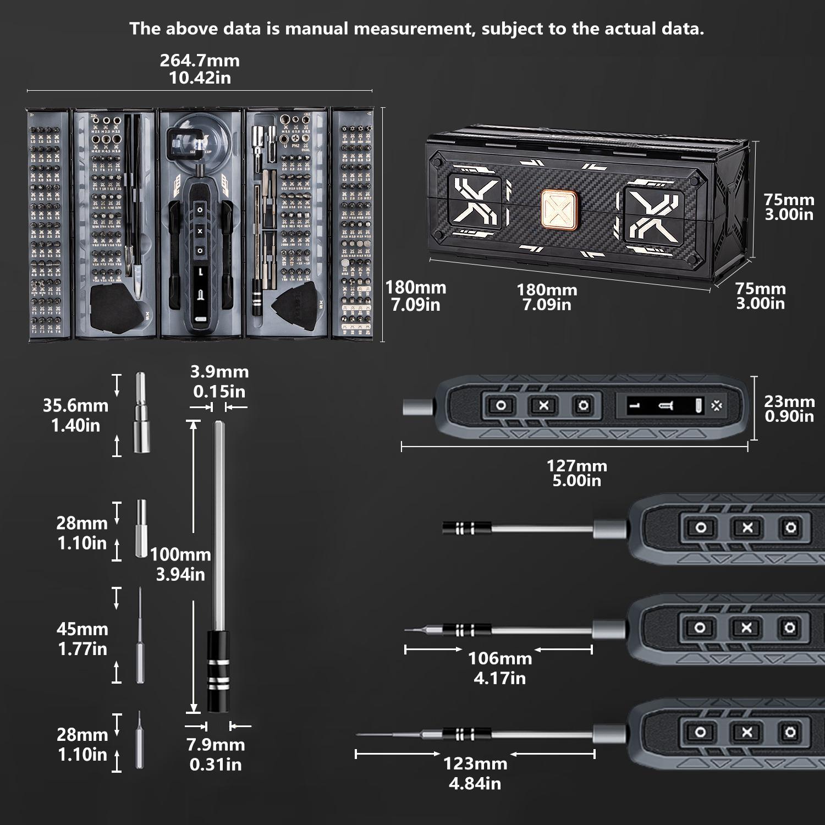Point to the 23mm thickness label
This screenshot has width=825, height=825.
pos(789,409)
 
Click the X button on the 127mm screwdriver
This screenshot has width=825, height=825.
pos(543,406)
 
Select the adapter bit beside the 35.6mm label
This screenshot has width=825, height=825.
pos(141,413)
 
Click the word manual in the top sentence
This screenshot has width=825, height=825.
pos(317,29)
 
